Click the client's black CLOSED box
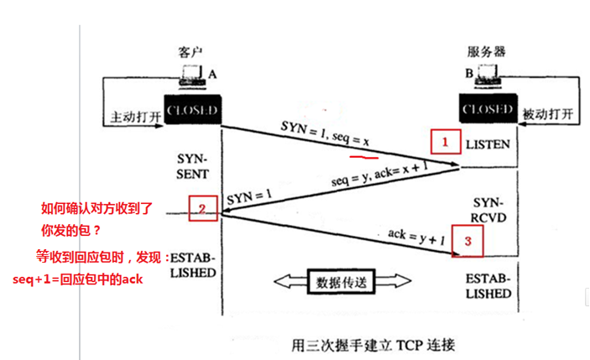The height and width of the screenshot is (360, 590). click(192, 111)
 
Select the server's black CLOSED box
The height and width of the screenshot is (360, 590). click(488, 110)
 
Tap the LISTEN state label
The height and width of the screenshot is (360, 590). click(488, 144)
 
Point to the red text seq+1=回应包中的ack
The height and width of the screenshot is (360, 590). click(77, 279)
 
